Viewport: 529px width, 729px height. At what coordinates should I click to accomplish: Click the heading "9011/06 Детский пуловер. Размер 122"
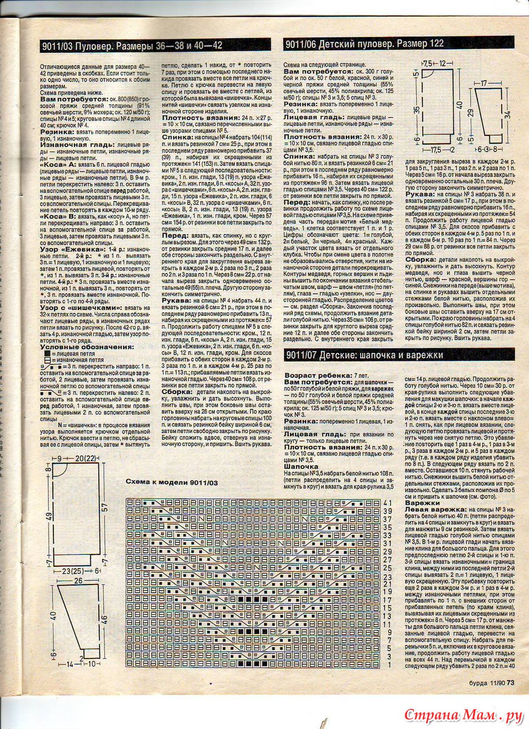point(365,44)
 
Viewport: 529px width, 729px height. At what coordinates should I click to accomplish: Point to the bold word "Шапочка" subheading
point(301,467)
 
